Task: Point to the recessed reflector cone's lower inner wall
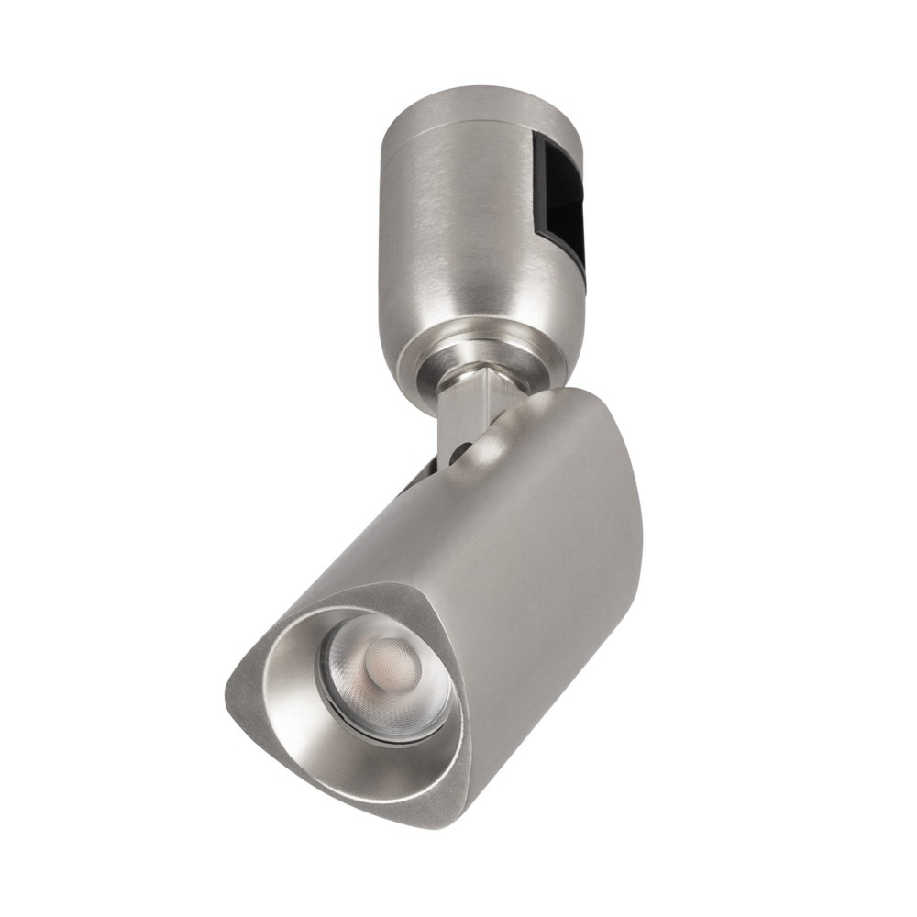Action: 367,770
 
